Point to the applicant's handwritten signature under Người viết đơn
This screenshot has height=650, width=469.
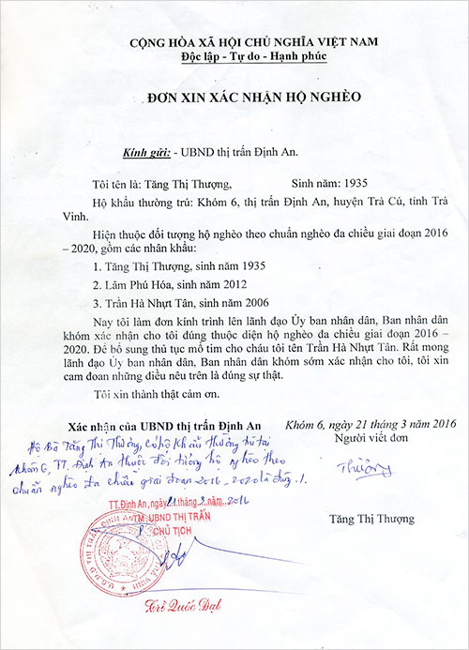352,466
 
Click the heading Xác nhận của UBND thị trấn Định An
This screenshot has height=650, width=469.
162,425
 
